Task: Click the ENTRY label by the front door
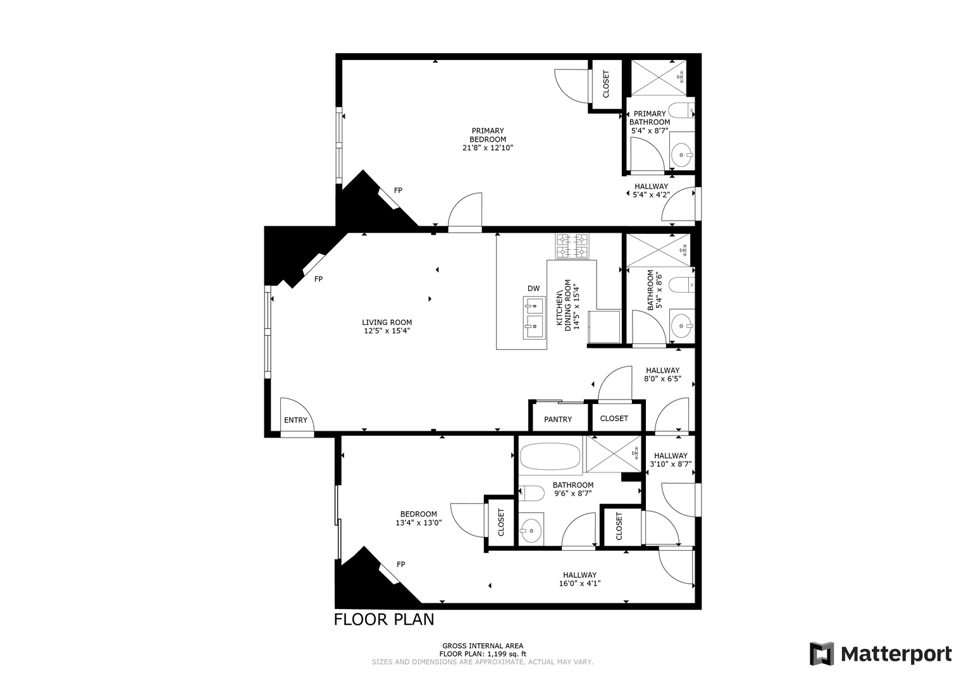point(295,420)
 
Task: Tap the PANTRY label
point(557,419)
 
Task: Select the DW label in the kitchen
point(533,288)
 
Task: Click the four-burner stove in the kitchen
point(573,246)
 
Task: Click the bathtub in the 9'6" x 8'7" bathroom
point(551,457)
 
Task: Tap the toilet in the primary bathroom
point(681,111)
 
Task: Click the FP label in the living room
point(318,279)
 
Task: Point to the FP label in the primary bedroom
point(398,190)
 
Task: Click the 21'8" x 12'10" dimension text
point(488,148)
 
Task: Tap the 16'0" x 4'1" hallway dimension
point(579,583)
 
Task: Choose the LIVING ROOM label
point(387,322)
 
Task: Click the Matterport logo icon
point(821,654)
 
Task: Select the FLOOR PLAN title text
point(384,620)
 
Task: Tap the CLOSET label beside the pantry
point(614,418)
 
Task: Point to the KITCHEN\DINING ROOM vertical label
point(567,305)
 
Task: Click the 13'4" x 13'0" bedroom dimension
point(418,522)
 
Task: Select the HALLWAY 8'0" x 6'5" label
point(663,374)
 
